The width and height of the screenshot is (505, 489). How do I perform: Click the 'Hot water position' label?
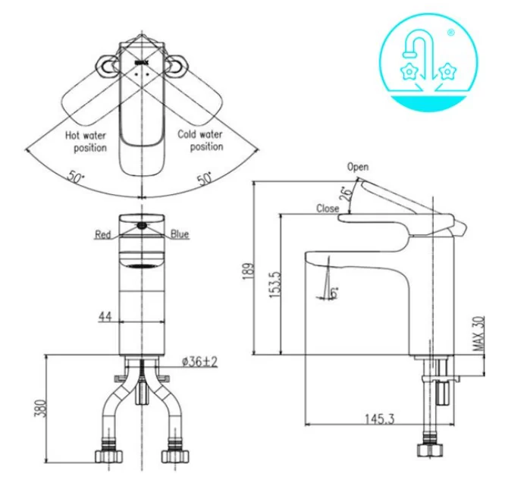pos(85,142)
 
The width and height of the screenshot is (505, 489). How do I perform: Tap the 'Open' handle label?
pos(357,167)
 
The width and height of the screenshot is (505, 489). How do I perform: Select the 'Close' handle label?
pos(328,208)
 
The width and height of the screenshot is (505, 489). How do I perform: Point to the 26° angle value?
pos(345,193)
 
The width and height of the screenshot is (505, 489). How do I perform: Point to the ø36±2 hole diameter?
pos(199,362)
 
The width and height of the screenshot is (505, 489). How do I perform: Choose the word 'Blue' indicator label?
pos(180,235)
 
